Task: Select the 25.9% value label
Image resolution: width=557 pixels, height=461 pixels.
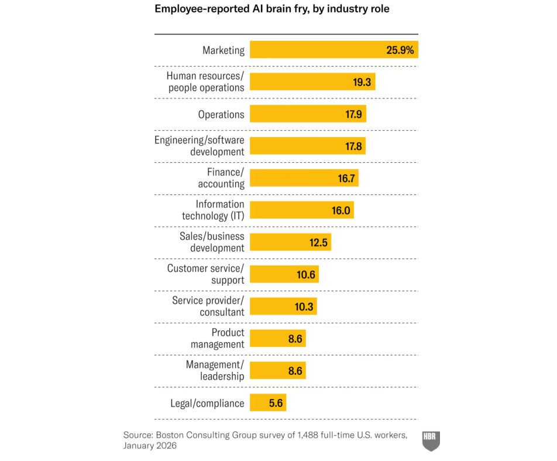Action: click(400, 50)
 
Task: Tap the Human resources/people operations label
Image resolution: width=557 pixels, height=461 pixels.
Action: click(205, 82)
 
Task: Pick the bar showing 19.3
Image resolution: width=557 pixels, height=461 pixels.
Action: click(312, 82)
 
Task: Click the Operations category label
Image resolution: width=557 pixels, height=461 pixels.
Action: click(221, 114)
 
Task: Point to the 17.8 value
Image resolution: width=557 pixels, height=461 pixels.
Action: click(353, 146)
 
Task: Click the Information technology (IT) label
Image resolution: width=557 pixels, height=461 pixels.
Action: click(213, 210)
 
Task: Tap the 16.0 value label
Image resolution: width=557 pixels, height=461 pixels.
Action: click(341, 210)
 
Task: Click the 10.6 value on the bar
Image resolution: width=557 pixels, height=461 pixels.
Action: click(306, 274)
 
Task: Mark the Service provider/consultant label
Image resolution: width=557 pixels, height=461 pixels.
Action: click(208, 306)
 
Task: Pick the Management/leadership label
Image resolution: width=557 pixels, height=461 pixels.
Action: click(215, 370)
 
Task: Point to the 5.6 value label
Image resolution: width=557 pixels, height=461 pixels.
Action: click(274, 403)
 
